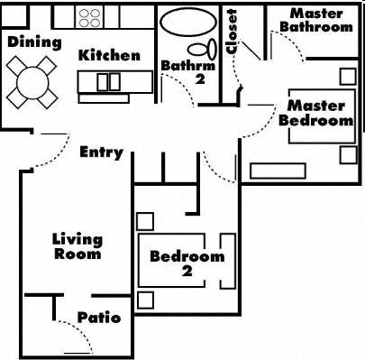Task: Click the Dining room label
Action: [34, 42]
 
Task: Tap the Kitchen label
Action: [109, 55]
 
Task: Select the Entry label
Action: [101, 152]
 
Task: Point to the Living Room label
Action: [77, 246]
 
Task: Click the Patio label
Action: [98, 318]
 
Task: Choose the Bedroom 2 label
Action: [187, 263]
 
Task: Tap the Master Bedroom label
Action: [315, 113]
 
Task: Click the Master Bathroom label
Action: [315, 21]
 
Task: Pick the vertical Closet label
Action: [232, 32]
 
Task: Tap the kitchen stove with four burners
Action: [90, 16]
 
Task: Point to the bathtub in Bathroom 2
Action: [187, 21]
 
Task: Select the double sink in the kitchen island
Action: [108, 82]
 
